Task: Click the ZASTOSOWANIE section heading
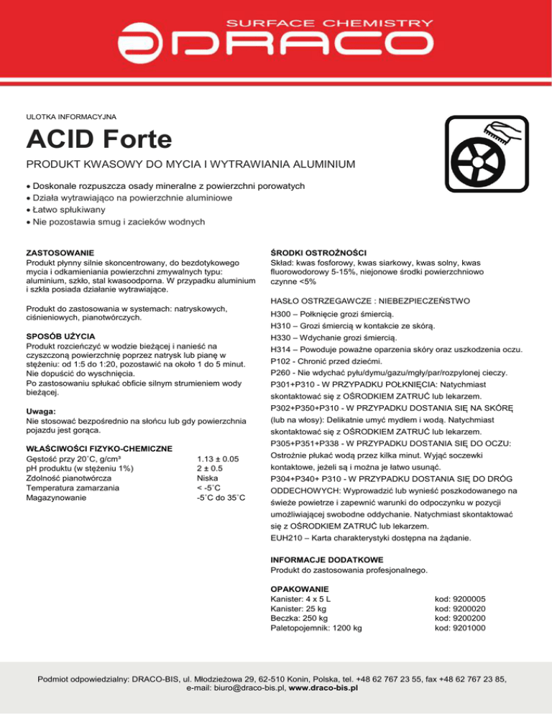[x=60, y=253]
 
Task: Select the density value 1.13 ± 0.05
[x=217, y=458]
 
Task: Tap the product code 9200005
[x=461, y=598]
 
